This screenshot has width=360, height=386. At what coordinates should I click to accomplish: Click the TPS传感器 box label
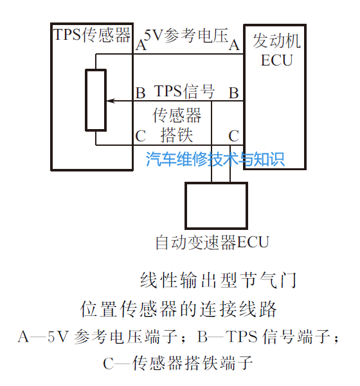92,35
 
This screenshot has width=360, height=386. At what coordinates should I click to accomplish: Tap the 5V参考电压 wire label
186,36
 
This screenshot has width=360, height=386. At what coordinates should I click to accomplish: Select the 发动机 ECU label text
276,50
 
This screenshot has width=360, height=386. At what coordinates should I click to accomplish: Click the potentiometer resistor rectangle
96,100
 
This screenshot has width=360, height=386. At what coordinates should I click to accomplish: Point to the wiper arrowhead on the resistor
111,101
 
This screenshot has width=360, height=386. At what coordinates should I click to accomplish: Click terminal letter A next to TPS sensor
141,46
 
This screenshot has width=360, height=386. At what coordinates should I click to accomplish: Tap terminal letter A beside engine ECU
234,46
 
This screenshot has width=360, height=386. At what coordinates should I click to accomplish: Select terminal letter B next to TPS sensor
140,93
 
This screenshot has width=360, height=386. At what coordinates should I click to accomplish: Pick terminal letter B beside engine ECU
233,93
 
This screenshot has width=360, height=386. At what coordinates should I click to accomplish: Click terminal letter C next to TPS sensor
140,136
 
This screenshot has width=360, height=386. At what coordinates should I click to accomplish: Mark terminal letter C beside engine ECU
233,136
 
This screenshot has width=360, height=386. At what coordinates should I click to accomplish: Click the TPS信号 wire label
184,91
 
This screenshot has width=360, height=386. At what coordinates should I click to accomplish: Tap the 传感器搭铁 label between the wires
177,125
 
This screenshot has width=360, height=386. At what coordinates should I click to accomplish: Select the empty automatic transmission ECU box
217,206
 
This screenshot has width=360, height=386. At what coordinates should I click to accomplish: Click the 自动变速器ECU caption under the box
212,242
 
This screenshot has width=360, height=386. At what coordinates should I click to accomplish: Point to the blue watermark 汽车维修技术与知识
215,159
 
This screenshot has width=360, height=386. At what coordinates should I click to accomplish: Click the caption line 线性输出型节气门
219,280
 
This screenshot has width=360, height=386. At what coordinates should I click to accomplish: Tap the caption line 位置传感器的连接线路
179,309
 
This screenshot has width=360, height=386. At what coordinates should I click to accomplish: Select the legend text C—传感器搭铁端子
178,363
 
